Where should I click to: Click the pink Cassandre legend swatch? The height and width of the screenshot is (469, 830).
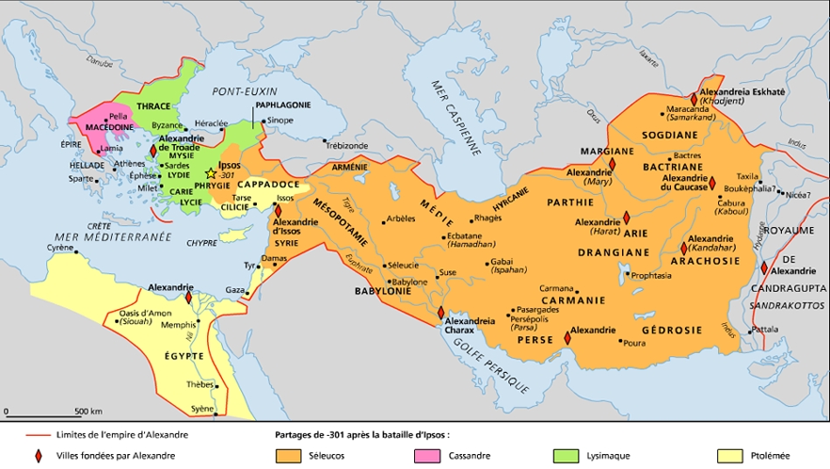pos(428,455)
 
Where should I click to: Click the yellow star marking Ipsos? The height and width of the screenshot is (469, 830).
pos(210,174)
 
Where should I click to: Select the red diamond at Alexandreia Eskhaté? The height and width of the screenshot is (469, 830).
pos(695,100)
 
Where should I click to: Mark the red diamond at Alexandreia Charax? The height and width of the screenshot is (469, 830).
pos(440,313)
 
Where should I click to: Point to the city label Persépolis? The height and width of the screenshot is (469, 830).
pos(531,320)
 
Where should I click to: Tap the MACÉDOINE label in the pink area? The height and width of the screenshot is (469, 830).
pos(108,128)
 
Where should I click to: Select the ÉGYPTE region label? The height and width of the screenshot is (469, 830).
pos(184,355)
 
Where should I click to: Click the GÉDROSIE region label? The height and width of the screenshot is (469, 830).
pos(671,330)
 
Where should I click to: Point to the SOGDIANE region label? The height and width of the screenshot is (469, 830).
pos(669,135)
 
